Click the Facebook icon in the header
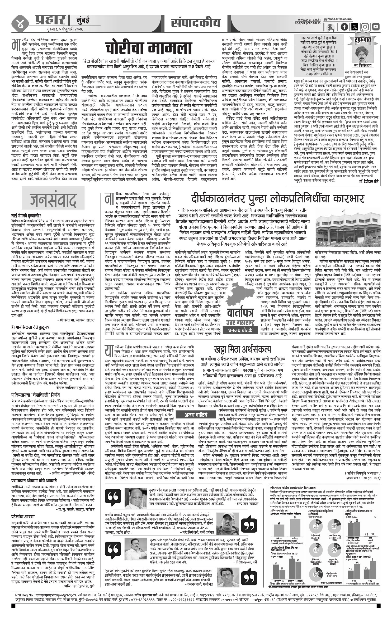pyautogui.click(x=344, y=27)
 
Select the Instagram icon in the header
pyautogui.click(x=365, y=27)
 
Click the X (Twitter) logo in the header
pyautogui.click(x=355, y=27)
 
